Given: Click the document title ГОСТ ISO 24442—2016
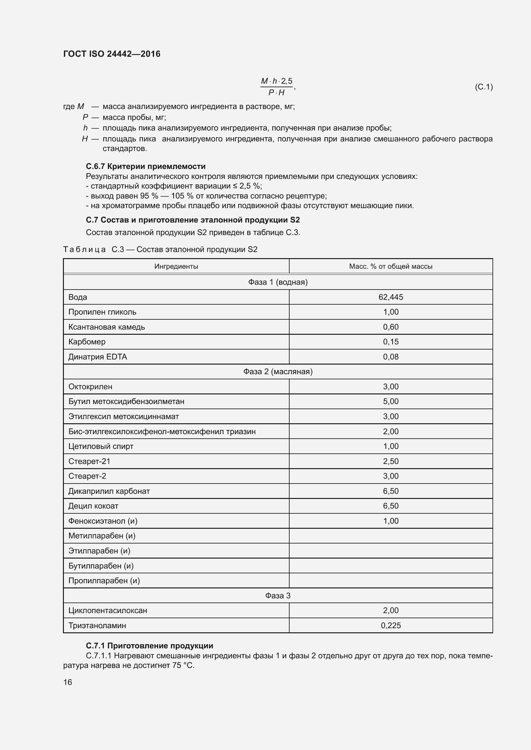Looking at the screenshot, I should click(x=111, y=54).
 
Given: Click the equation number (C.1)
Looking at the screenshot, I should click(x=483, y=87).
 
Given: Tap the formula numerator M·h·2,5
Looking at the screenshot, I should click(x=276, y=81).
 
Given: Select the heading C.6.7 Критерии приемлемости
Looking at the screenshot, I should click(x=145, y=166).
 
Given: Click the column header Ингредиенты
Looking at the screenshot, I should click(x=176, y=266).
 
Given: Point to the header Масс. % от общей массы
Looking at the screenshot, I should click(x=390, y=266).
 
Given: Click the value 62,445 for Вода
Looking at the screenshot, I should click(x=390, y=297).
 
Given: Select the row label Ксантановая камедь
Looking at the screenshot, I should click(x=106, y=327).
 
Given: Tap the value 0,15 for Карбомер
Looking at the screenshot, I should click(x=390, y=342).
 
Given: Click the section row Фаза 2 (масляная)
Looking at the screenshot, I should click(x=278, y=371).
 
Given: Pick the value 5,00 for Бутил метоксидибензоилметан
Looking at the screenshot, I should click(x=390, y=401).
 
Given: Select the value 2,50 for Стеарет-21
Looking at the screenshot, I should click(x=390, y=461).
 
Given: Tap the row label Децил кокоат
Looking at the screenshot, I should click(x=93, y=506).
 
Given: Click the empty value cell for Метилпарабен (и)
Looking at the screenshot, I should click(x=390, y=536).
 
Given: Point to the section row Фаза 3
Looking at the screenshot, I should click(x=278, y=595).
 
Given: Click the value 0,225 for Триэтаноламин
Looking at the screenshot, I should click(x=390, y=625).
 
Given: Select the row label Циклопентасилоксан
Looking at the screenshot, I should click(x=108, y=610).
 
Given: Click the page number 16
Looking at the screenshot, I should click(x=68, y=682).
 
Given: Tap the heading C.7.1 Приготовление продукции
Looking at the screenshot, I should click(x=149, y=645).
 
